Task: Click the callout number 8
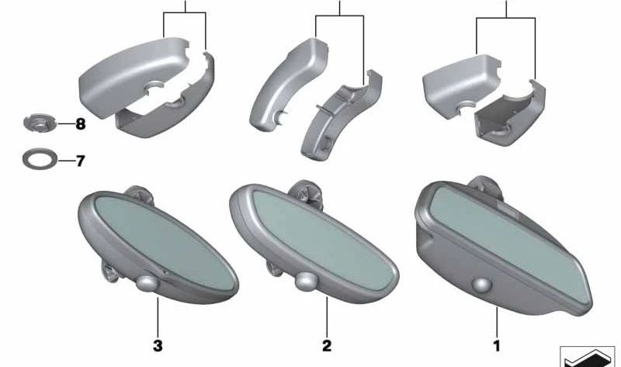pyautogui.click(x=81, y=124)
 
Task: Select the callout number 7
pyautogui.click(x=81, y=161)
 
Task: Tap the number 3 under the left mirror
pyautogui.click(x=158, y=345)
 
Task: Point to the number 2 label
pyautogui.click(x=327, y=345)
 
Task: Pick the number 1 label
pyautogui.click(x=497, y=346)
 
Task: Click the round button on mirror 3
pyautogui.click(x=147, y=283)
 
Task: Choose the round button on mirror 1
pyautogui.click(x=481, y=286)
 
